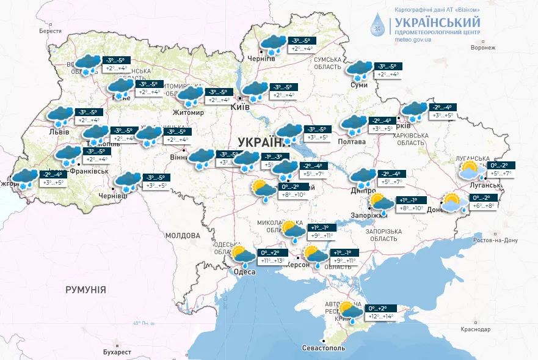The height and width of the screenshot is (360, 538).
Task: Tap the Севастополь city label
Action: (x=324, y=348)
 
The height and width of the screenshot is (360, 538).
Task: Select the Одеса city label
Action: (x=244, y=273)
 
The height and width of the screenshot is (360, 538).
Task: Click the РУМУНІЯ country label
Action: (x=85, y=290)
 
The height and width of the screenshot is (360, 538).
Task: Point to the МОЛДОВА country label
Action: (x=183, y=235)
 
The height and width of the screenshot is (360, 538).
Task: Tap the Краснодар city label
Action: (x=476, y=329)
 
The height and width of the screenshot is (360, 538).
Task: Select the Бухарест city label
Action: (x=117, y=352)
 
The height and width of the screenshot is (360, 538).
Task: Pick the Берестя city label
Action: (x=51, y=31)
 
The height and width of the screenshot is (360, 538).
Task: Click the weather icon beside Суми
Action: (x=358, y=70)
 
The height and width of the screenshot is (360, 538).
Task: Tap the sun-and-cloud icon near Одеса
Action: (x=243, y=257)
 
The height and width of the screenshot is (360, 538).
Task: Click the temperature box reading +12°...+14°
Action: (x=380, y=317)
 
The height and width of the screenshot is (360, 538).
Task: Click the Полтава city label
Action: (x=352, y=142)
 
